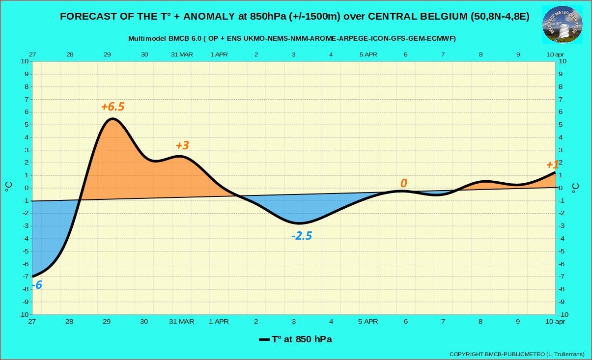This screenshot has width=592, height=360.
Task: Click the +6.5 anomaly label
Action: (x=113, y=107)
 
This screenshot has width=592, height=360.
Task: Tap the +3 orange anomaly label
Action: (x=182, y=145)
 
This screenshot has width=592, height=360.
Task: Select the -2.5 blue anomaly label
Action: (x=302, y=236)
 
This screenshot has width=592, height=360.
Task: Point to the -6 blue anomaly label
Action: (x=36, y=285)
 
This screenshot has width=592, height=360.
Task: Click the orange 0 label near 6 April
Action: (x=404, y=183)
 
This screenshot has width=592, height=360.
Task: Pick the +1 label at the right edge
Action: (x=552, y=165)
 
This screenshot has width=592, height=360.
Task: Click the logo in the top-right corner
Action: (x=563, y=25)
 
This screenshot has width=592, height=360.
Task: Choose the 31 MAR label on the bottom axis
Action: (x=181, y=322)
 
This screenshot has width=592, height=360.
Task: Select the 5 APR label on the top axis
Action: (x=368, y=55)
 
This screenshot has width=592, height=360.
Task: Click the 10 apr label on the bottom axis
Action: (x=556, y=322)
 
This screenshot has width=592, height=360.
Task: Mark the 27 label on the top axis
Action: (x=32, y=55)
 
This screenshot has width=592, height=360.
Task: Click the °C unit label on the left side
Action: (x=9, y=187)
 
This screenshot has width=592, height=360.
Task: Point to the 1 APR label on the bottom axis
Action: (x=219, y=322)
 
